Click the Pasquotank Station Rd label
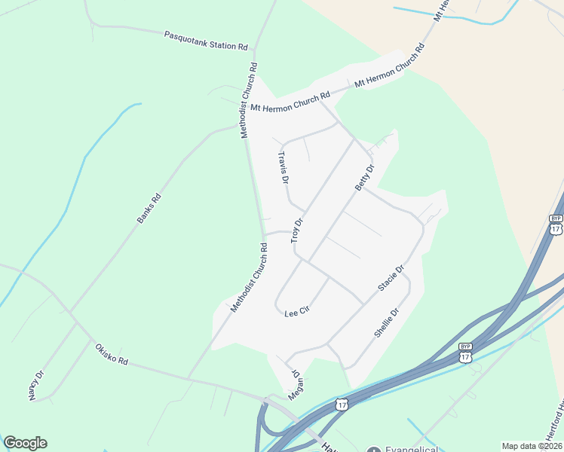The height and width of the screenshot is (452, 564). click(206, 41)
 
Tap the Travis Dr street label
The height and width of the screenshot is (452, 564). click(284, 168)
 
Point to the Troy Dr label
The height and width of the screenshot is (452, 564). click(297, 231)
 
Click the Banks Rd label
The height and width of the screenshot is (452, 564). click(149, 209)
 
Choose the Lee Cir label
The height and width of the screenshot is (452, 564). click(298, 311)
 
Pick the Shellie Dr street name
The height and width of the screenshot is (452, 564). click(385, 322)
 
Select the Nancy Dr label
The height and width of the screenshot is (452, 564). click(37, 385)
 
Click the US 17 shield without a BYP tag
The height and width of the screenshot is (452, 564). click(342, 405)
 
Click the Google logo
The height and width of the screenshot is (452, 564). click(25, 443)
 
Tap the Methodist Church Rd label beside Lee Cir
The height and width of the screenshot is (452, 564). click(250, 278)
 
